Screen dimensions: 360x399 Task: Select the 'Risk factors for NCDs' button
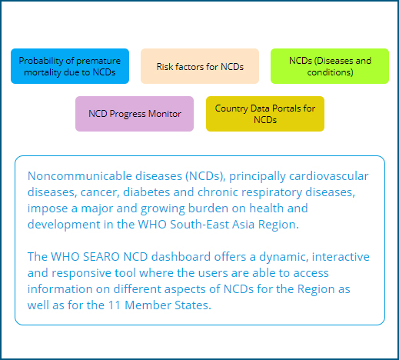(200, 66)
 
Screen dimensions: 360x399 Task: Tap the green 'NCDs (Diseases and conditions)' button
(330, 66)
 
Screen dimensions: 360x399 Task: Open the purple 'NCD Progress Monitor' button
(135, 114)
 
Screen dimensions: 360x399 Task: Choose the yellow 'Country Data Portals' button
(265, 114)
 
